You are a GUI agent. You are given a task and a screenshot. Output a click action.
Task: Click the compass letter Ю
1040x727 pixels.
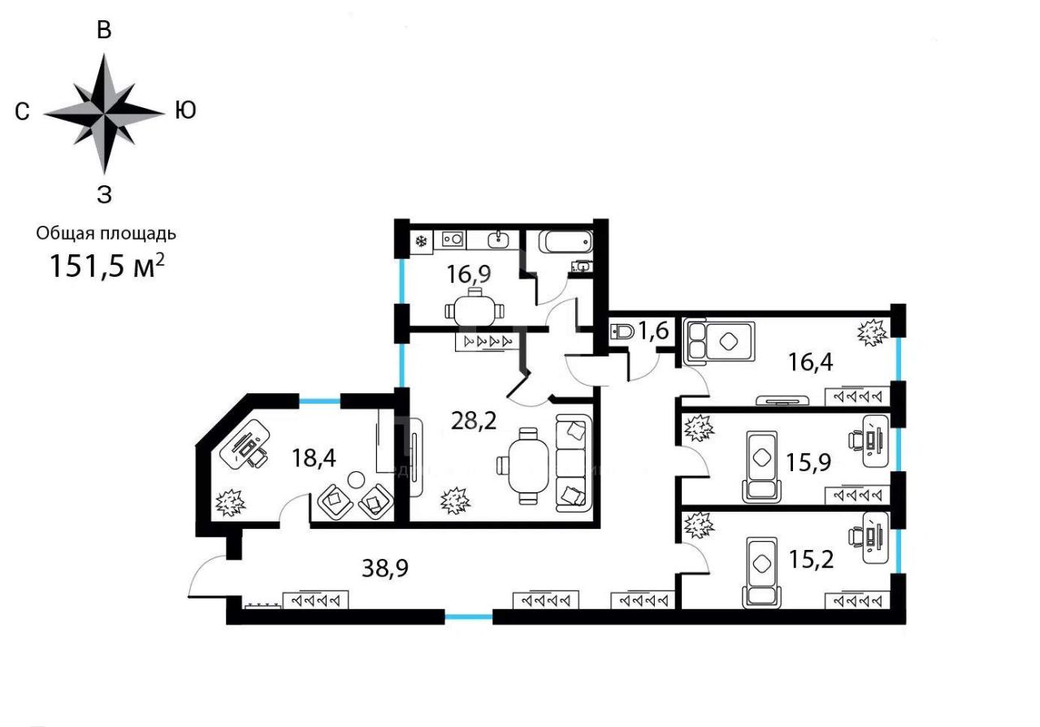point(185,110)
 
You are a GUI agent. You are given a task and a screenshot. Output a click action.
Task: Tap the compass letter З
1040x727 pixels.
point(105,194)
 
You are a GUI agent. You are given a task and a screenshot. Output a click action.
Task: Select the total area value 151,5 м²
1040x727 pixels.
point(106,265)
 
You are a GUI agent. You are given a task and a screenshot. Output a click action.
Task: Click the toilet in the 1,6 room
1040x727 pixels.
point(622,332)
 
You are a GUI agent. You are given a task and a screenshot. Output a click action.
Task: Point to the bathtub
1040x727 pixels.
point(565,241)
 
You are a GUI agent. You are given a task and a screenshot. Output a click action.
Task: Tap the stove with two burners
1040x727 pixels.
point(453,239)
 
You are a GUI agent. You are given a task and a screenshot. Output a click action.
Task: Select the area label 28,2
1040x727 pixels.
point(474,421)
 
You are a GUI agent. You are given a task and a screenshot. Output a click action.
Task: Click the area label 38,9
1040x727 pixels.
point(385,568)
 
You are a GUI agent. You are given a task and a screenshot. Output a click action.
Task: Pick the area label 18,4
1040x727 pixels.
point(314,458)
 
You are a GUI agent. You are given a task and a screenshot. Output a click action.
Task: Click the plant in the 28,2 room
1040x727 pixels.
point(455,500)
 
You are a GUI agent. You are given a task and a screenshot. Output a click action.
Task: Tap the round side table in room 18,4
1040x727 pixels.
point(357,479)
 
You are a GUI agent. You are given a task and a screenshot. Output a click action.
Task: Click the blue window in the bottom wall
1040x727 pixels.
point(469,617)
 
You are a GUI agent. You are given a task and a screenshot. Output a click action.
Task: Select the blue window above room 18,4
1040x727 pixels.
point(320,400)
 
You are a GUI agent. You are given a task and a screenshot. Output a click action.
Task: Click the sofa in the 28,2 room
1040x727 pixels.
point(574,463)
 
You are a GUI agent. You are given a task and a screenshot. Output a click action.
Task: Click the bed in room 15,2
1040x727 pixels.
point(761,572)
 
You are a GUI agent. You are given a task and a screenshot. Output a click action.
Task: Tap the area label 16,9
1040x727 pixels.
point(469,274)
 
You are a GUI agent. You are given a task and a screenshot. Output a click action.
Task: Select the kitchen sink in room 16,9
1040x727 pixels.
point(498,239)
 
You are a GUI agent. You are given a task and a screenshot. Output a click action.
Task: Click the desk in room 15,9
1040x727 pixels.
point(875,441)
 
